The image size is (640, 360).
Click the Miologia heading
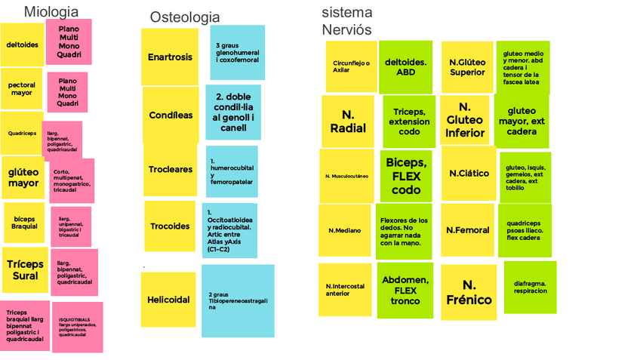(51, 11)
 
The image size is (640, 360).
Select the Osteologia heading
(185, 17)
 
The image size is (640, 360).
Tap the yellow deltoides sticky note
(22, 45)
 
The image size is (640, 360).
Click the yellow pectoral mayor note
(21, 89)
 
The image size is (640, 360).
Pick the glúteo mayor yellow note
(23, 177)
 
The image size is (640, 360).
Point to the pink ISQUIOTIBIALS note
(77, 327)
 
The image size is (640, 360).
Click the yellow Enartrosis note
(170, 57)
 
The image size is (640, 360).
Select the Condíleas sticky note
(171, 115)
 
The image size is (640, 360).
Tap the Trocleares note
(170, 170)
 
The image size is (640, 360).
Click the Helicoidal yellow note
(168, 300)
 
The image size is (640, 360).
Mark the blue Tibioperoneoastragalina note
(238, 300)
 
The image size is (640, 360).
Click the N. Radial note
(348, 122)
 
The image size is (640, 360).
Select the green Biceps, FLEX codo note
(406, 176)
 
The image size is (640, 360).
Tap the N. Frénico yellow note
(469, 293)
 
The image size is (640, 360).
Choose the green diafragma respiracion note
(530, 288)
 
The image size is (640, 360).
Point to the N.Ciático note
(469, 174)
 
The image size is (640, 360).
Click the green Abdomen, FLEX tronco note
(405, 290)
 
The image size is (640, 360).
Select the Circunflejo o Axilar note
(351, 66)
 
